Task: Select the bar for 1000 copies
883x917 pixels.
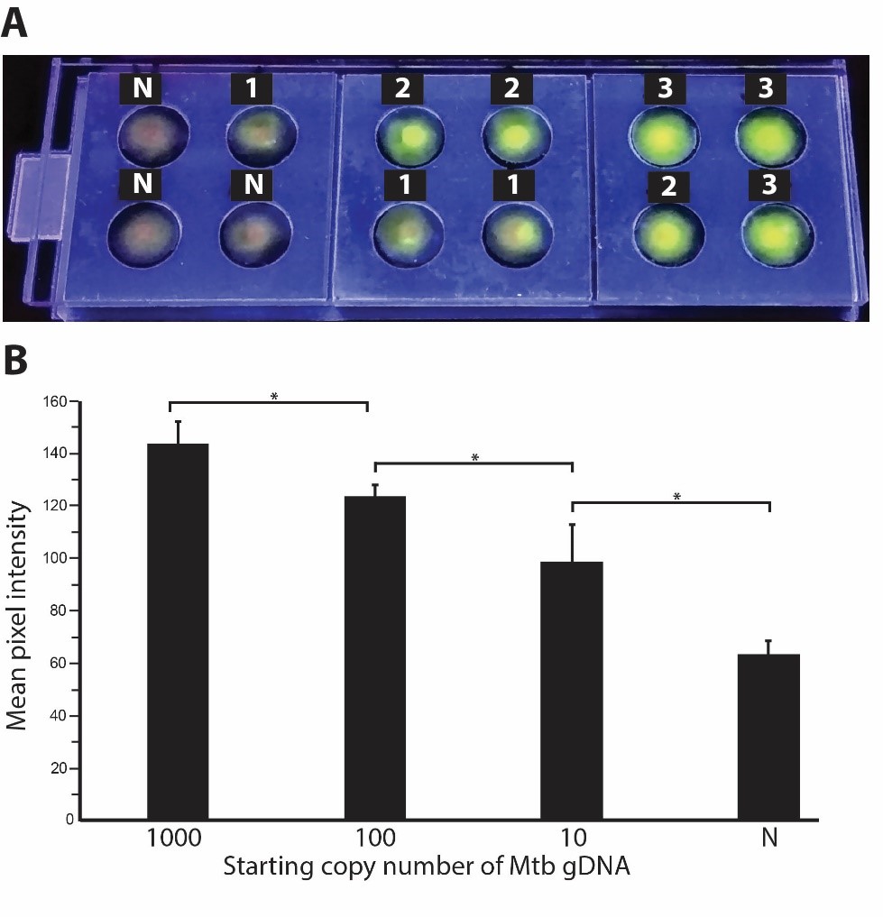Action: click(178, 631)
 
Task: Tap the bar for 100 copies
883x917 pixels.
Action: click(375, 658)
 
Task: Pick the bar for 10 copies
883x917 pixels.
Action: click(572, 690)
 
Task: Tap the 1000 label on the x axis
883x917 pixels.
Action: click(178, 839)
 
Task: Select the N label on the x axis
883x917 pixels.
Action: click(768, 839)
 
